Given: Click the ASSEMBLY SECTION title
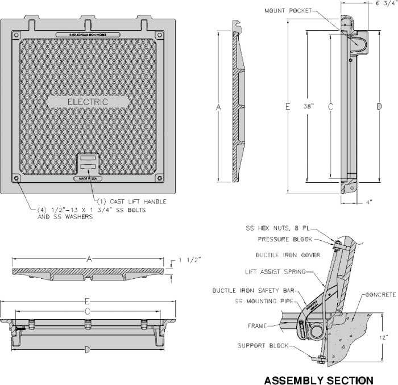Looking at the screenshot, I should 318,379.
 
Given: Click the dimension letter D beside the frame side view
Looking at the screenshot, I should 377,106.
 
